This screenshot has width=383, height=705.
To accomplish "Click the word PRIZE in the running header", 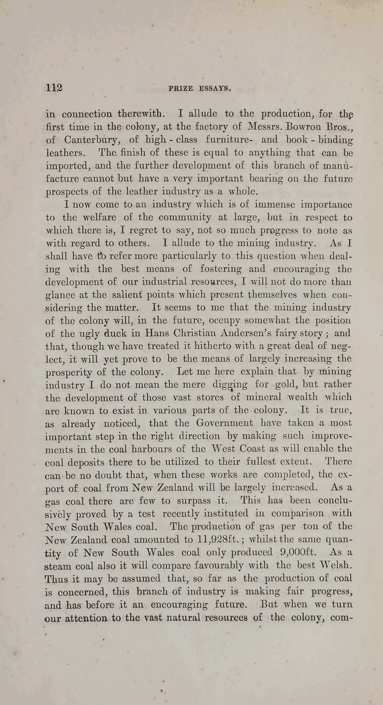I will tap(180, 88).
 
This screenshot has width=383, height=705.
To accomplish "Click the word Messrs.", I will tap(264, 126).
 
